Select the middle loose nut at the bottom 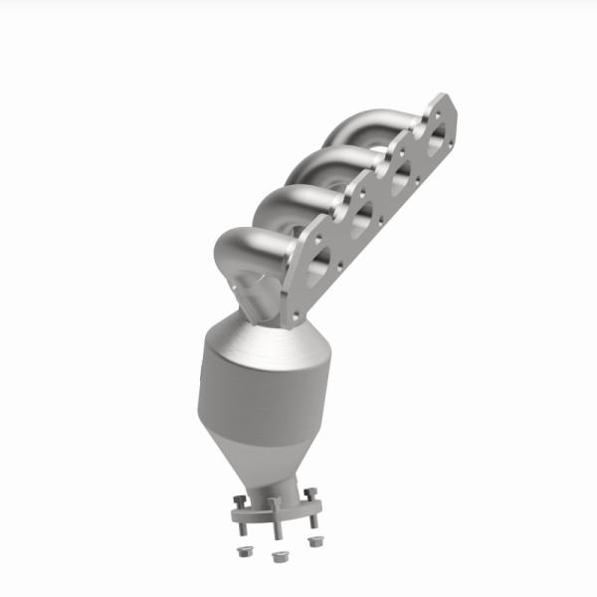click(x=277, y=556)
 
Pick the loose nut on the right click(x=316, y=542)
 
